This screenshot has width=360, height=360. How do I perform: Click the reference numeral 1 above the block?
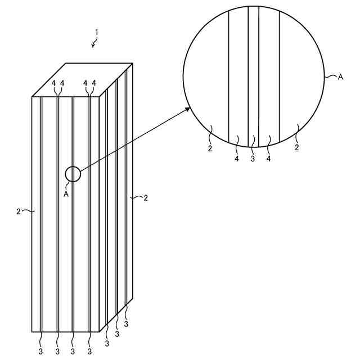(96, 33)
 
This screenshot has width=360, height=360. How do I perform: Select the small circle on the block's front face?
(73, 174)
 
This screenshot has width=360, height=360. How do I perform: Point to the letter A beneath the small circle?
(66, 193)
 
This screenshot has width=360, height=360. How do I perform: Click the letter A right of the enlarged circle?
(340, 77)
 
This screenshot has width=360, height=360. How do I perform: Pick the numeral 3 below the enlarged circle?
(253, 159)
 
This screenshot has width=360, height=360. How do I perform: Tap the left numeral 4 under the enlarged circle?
(237, 159)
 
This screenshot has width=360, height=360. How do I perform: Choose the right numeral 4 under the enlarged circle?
(269, 159)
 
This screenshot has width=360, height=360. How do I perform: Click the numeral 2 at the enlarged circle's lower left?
(210, 148)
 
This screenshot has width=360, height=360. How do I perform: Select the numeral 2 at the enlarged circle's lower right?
(296, 148)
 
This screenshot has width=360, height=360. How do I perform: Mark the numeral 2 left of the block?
(19, 211)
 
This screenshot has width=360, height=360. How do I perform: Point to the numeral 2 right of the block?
(146, 197)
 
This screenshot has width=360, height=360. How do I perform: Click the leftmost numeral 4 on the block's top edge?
(54, 83)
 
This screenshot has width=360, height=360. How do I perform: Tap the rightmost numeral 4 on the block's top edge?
(94, 83)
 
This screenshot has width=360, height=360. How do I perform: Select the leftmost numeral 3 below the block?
(41, 352)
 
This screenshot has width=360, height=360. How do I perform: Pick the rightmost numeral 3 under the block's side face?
(126, 324)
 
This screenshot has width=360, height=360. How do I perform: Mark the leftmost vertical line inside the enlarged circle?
(228, 73)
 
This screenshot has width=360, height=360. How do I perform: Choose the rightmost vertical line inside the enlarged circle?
(280, 73)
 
